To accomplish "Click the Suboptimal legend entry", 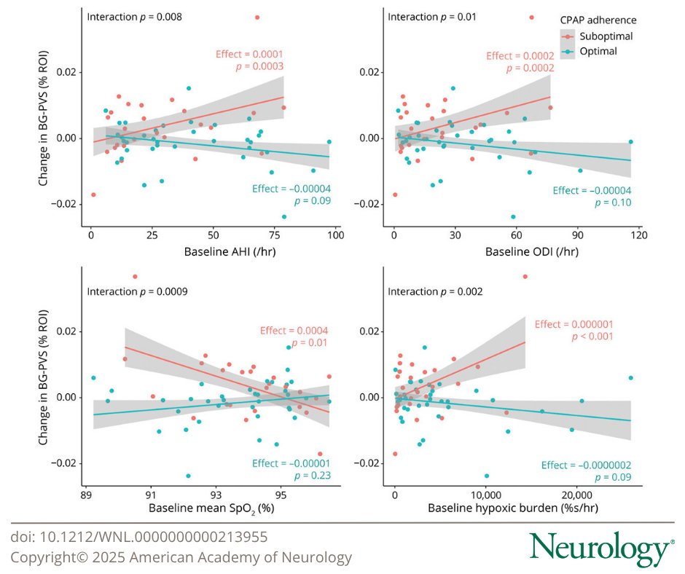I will click(x=596, y=36).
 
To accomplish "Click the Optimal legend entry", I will click(x=591, y=51).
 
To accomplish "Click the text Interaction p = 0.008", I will click(x=133, y=16).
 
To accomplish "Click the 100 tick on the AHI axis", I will click(x=335, y=235).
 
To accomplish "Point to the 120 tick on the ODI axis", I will click(x=638, y=235).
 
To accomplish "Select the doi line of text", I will click(x=139, y=537).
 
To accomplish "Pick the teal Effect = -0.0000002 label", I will click(x=586, y=465).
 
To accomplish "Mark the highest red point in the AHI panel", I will click(x=257, y=17).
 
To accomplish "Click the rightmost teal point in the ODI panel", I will click(x=631, y=142).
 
